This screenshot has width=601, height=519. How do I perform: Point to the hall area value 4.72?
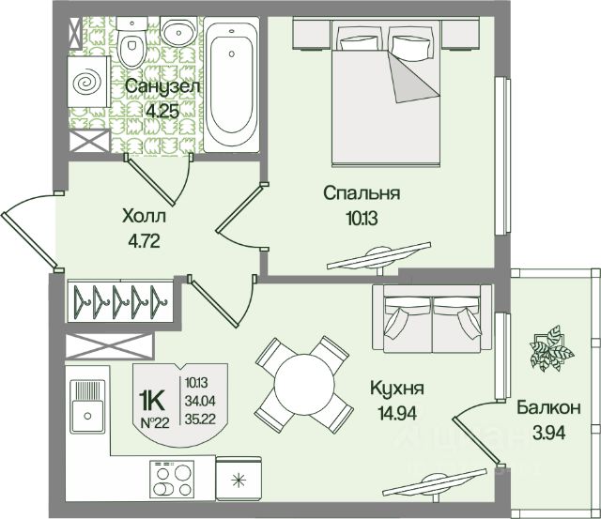click(144, 239)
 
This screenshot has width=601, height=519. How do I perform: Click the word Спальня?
click(362, 194)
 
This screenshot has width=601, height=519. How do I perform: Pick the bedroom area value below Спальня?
click(362, 218)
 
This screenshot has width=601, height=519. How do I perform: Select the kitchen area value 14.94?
click(397, 412)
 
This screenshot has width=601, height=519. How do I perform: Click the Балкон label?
click(548, 408)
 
